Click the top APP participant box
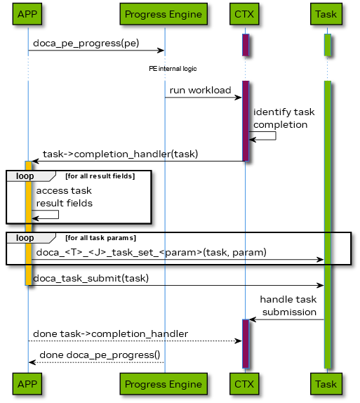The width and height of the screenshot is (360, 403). pyautogui.click(x=27, y=14)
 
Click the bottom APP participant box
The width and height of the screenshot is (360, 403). pyautogui.click(x=27, y=384)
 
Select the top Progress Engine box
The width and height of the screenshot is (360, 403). pyautogui.click(x=164, y=14)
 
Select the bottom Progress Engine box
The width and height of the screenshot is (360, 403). pyautogui.click(x=164, y=384)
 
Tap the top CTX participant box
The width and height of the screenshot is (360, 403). pyautogui.click(x=244, y=14)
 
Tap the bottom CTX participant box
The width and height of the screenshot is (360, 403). pyautogui.click(x=244, y=384)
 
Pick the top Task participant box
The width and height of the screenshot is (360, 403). pyautogui.click(x=326, y=14)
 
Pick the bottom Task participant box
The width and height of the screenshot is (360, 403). pyautogui.click(x=326, y=384)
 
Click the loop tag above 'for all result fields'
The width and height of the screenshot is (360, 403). pyautogui.click(x=25, y=176)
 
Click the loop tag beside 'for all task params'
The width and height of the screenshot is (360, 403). pyautogui.click(x=25, y=238)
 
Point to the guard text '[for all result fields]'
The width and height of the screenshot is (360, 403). pyautogui.click(x=100, y=176)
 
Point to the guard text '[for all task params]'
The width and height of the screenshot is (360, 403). pyautogui.click(x=100, y=238)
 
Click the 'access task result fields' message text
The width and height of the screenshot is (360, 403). pyautogui.click(x=64, y=197)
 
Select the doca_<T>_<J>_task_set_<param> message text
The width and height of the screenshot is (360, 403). pyautogui.click(x=151, y=252)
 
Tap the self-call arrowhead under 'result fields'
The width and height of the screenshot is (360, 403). pyautogui.click(x=35, y=219)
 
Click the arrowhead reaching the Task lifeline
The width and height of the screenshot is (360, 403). pyautogui.click(x=320, y=260)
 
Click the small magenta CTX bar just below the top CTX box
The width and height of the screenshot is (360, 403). pyautogui.click(x=246, y=44)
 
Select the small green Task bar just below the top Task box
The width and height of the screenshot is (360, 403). pyautogui.click(x=327, y=44)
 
